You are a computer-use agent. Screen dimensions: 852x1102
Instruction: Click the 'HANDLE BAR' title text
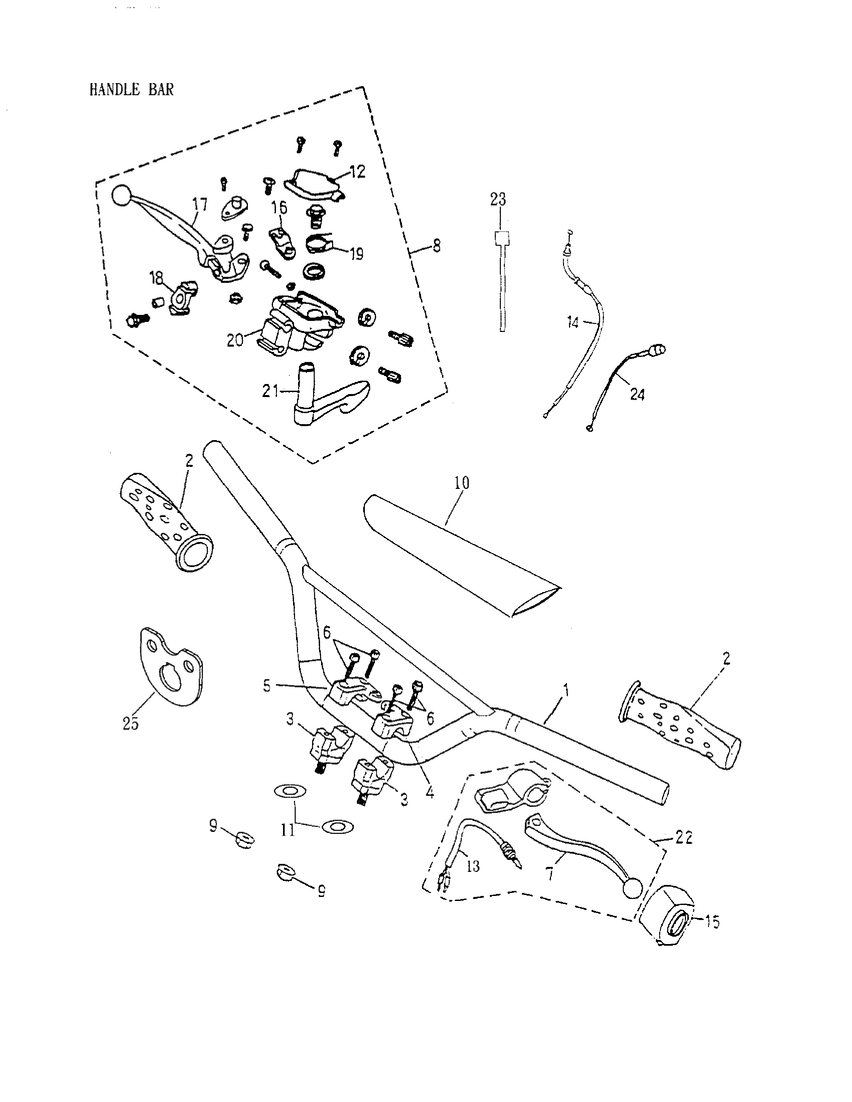click(131, 90)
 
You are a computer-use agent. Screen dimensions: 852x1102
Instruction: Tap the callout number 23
click(498, 200)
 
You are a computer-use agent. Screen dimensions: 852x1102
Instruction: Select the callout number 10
click(461, 483)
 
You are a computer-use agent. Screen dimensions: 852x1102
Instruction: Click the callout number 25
click(131, 724)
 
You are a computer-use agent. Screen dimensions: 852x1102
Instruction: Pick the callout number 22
click(684, 838)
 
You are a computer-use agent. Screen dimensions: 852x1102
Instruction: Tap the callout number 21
click(270, 391)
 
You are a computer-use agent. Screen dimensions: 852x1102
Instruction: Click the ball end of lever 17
click(121, 196)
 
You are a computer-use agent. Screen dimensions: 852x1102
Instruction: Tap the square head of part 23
click(501, 238)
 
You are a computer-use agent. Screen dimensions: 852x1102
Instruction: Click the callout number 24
click(637, 394)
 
